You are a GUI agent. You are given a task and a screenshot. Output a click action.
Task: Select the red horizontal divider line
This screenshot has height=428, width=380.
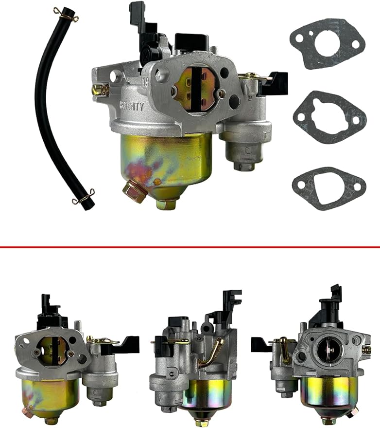pos(190,247)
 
